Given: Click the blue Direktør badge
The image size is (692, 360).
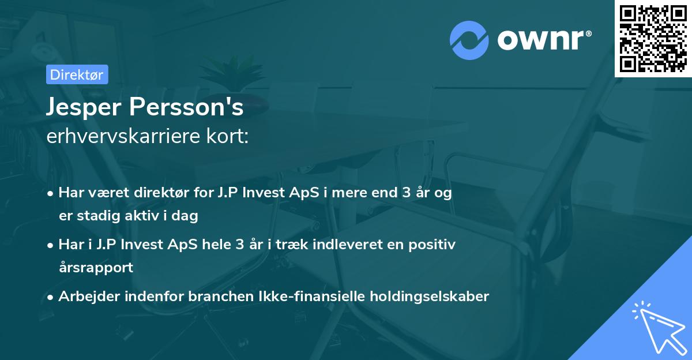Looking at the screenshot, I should [77, 74].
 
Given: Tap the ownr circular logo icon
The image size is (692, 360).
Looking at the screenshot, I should [469, 40].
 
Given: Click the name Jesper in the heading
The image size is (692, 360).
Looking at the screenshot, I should [86, 107].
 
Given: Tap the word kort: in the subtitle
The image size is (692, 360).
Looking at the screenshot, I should [229, 137].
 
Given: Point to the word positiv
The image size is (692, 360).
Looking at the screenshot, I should [434, 245].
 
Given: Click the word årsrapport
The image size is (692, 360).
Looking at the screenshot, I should [96, 267].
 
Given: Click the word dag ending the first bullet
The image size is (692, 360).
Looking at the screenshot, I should [186, 216].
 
